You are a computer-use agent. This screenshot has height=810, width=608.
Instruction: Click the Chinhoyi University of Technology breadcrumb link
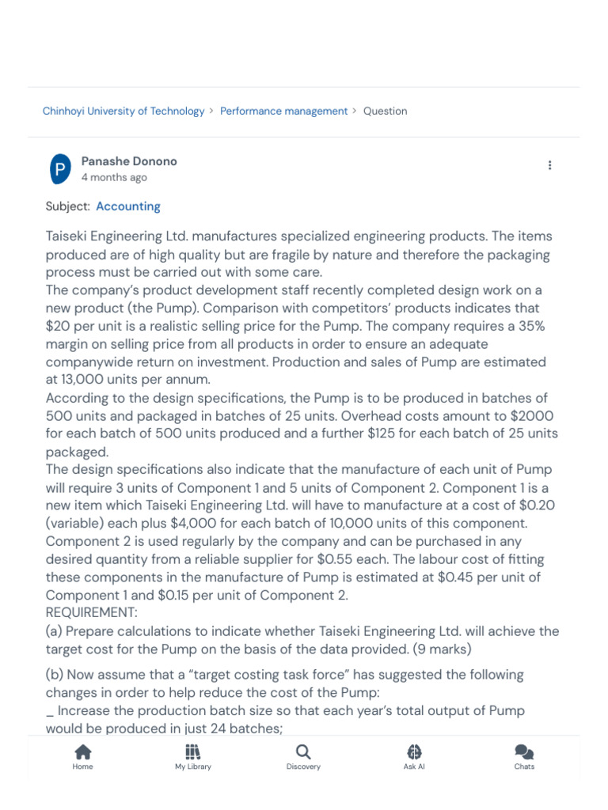123,112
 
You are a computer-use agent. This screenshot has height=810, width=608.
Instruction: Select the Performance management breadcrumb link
283,112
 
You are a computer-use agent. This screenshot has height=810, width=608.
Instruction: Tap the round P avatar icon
60,169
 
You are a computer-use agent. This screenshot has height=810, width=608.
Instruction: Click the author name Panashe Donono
129,161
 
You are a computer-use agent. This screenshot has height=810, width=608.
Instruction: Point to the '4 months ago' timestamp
114,178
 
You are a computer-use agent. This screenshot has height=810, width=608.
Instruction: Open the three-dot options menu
549,165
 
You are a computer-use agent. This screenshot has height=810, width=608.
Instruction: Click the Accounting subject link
128,206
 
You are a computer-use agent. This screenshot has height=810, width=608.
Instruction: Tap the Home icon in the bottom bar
82,751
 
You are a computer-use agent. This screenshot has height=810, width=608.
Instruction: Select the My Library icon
193,751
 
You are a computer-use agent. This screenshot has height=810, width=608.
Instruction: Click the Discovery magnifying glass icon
303,751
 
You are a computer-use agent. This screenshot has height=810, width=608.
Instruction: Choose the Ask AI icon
414,751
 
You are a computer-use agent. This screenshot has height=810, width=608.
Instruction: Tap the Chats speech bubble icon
524,751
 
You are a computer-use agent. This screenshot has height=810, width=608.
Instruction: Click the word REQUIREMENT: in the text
91,613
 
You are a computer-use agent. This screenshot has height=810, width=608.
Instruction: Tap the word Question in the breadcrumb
385,112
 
